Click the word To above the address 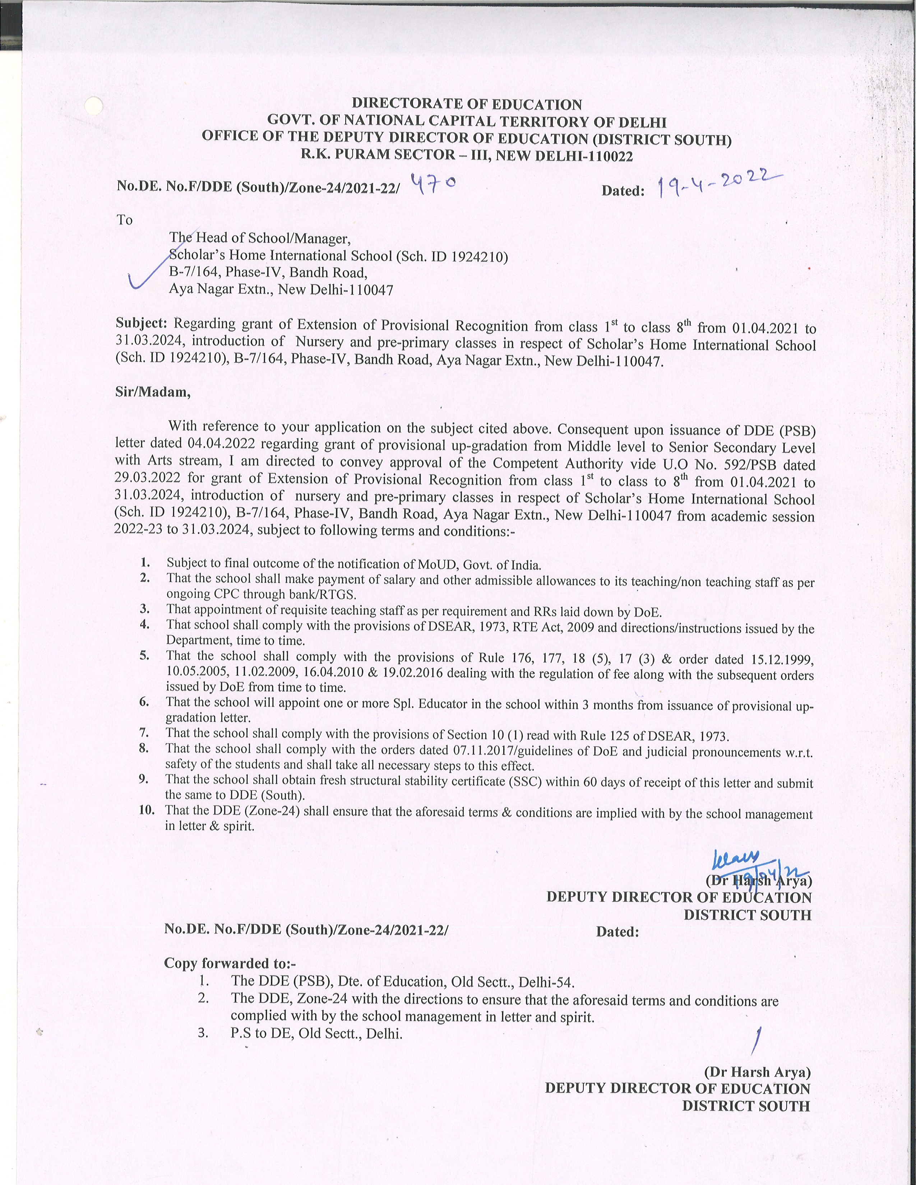(x=125, y=220)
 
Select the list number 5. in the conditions (x=144, y=655)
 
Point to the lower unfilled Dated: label (x=617, y=931)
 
